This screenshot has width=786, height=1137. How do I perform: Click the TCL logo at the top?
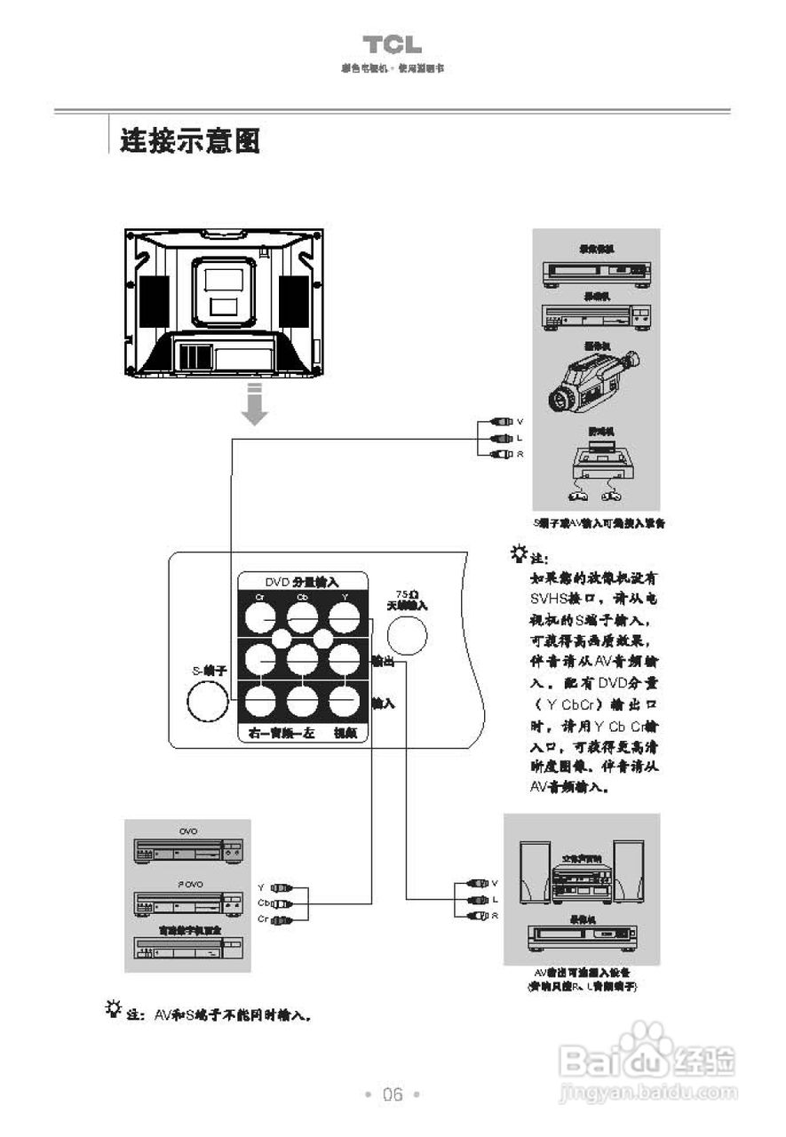pos(392,44)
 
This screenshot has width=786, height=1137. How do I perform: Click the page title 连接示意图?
pos(190,140)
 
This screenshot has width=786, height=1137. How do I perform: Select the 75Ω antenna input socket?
pos(408,636)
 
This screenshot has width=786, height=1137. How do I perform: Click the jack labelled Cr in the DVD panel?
pos(261,616)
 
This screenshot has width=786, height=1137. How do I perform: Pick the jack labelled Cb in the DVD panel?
pos(303,616)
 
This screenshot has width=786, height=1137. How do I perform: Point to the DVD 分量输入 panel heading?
pos(302,581)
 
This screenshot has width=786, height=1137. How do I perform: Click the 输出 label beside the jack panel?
pos(383,662)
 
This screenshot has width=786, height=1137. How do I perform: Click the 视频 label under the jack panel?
pos(345,734)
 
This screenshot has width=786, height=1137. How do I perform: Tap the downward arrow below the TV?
pos(255,405)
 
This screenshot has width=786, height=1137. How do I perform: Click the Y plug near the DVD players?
pos(282,887)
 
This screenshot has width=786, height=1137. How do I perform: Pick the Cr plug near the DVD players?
pos(282,919)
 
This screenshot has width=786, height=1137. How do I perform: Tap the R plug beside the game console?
pos(502,454)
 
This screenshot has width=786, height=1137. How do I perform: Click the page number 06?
pos(393,1094)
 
